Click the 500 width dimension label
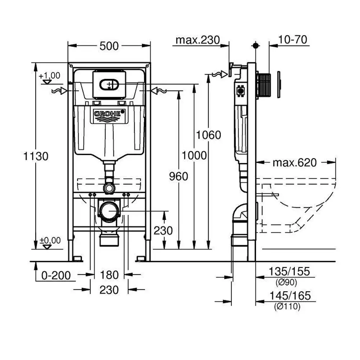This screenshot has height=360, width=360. tap(109, 46)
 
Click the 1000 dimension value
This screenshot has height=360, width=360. tap(194, 156)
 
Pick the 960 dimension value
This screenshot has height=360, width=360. tap(179, 176)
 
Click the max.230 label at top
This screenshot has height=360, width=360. tap(197, 40)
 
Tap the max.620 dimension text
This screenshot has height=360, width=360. tap(294, 163)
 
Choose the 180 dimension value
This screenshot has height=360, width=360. tap(109, 275)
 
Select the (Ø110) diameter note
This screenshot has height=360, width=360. tap(287, 307)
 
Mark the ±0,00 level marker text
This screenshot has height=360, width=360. tap(50, 240)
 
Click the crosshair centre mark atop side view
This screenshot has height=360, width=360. tap(256, 46)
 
